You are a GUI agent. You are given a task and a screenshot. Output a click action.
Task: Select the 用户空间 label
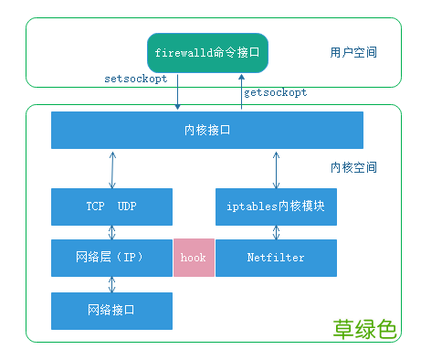(x=353, y=53)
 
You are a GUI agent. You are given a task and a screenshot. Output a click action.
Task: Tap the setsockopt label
(x=135, y=79)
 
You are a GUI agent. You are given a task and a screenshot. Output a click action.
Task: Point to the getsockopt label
(x=276, y=92)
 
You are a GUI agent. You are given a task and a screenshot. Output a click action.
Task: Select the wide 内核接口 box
(x=207, y=130)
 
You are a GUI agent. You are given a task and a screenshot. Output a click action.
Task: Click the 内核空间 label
(x=353, y=168)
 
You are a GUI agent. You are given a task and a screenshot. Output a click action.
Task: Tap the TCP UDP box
(x=112, y=206)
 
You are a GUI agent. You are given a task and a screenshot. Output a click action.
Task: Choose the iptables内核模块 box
(x=276, y=206)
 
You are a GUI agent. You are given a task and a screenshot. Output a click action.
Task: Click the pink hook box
(x=194, y=258)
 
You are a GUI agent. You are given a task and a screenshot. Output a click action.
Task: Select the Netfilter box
(x=276, y=258)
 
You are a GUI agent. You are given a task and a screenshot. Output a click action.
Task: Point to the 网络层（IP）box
(x=112, y=258)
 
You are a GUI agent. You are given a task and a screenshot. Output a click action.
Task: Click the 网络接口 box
(x=112, y=311)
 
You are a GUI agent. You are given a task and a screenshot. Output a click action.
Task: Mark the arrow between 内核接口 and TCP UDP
(x=112, y=168)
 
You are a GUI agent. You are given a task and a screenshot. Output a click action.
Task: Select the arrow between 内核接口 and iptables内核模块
(x=276, y=168)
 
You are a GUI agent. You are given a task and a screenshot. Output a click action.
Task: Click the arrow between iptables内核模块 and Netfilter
(x=276, y=232)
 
